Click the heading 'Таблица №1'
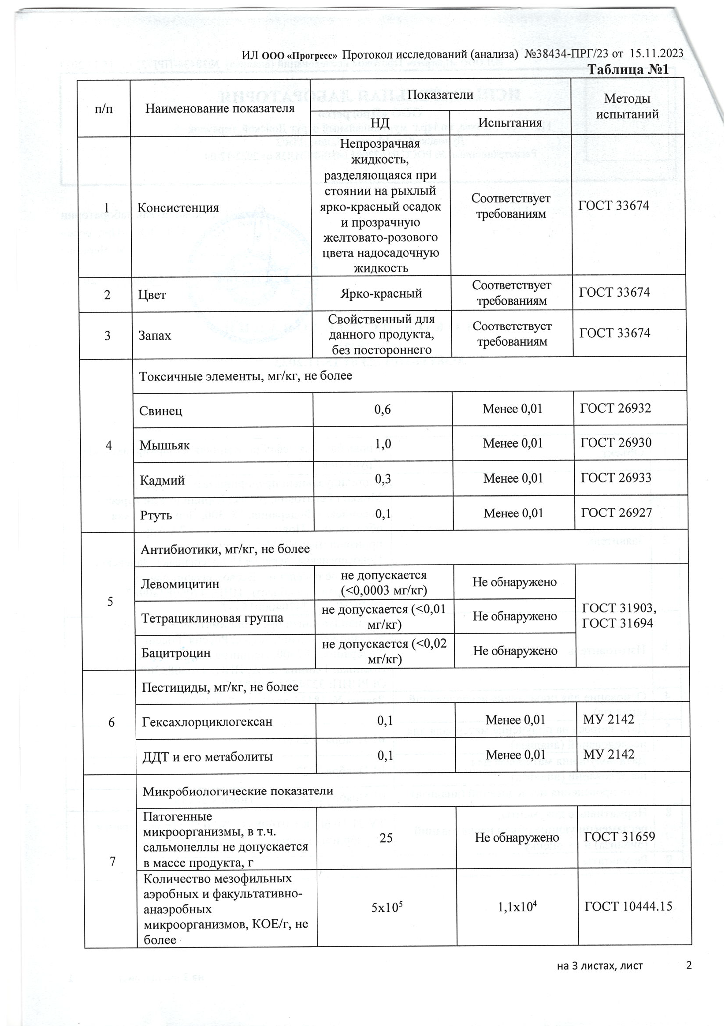pos(628,70)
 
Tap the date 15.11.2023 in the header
pos(656,54)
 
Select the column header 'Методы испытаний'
pos(627,107)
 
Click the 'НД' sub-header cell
pos(380,123)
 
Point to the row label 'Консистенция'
pos(178,208)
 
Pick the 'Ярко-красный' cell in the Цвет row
pos(381,294)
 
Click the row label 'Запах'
pos(155,336)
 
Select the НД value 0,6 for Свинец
pos(383,409)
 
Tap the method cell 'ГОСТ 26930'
pos(616,443)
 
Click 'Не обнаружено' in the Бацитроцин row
pos(515,651)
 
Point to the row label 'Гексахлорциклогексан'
pos(207,722)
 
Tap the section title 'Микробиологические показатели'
pos(238,791)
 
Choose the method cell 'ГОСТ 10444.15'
pos(628,907)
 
